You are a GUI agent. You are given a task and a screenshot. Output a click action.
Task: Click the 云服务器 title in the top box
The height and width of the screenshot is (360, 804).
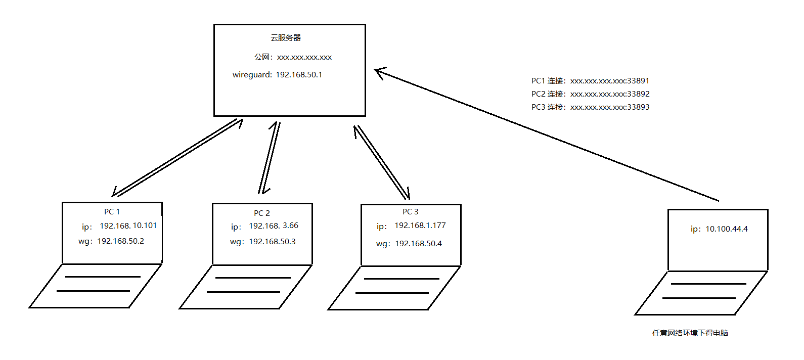[x=286, y=38]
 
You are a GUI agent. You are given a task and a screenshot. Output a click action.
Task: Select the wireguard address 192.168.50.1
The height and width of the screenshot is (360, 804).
[x=298, y=75]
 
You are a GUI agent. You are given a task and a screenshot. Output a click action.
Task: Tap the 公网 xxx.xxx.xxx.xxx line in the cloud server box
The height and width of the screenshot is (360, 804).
[x=293, y=57]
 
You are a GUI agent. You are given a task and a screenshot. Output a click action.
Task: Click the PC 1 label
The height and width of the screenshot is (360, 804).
[x=112, y=212]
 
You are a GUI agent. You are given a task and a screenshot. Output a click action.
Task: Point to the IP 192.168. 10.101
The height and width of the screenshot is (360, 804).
[x=128, y=226]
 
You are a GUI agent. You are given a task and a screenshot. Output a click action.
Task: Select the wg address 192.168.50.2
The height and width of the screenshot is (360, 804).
[x=120, y=241]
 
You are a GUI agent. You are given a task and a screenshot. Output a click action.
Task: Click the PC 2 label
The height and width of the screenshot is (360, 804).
[x=262, y=213]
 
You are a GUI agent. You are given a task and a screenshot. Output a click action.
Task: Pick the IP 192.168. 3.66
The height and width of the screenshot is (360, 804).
[x=273, y=226]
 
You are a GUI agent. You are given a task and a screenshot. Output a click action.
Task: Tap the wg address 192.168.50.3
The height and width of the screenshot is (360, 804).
[x=272, y=242]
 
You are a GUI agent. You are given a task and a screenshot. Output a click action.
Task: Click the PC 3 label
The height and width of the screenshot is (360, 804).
[x=410, y=212]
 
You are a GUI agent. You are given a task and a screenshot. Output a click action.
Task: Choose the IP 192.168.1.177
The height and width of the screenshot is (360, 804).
[x=420, y=226]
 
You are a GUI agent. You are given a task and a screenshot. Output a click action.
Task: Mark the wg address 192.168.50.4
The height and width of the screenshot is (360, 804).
[x=418, y=244]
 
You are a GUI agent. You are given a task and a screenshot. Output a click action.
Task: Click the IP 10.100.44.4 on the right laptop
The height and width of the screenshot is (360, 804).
[x=726, y=229]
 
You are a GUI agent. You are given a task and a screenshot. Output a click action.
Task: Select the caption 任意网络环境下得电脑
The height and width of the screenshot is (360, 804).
[x=690, y=333]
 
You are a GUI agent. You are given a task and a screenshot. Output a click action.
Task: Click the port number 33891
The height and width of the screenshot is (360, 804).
[x=638, y=81]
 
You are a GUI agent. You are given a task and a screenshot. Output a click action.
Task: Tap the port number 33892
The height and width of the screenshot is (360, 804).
[x=638, y=94]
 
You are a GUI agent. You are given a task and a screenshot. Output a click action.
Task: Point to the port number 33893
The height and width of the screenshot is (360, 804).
[x=638, y=107]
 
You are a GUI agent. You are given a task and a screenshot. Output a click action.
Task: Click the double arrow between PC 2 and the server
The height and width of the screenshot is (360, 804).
[x=270, y=157]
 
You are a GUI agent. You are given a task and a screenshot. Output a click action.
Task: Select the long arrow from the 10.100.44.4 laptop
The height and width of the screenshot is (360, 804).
[x=546, y=136]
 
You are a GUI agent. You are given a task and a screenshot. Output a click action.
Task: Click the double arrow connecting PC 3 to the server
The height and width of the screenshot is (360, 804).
[x=382, y=162]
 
